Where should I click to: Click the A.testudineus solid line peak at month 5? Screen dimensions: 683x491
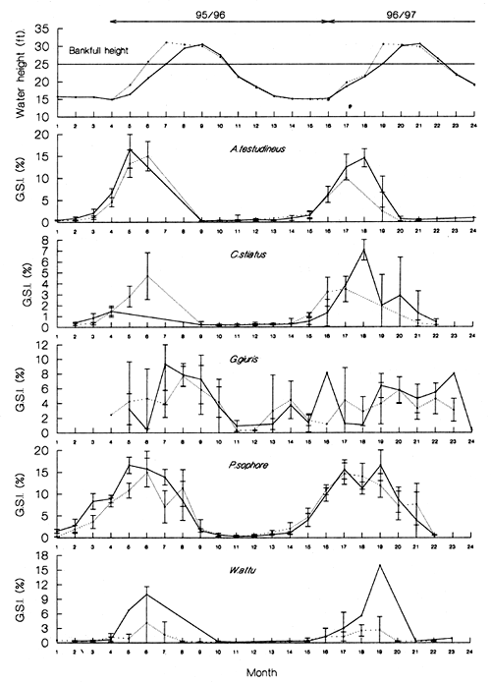[x=130, y=149]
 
